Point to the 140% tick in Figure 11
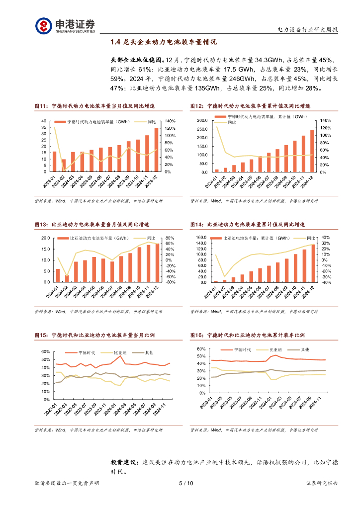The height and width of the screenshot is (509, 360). pyautogui.click(x=170, y=121)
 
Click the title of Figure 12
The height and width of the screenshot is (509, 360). pyautogui.click(x=250, y=106)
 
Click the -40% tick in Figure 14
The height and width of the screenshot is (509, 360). pyautogui.click(x=326, y=282)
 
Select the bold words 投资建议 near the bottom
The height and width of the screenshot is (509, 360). pyautogui.click(x=125, y=462)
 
